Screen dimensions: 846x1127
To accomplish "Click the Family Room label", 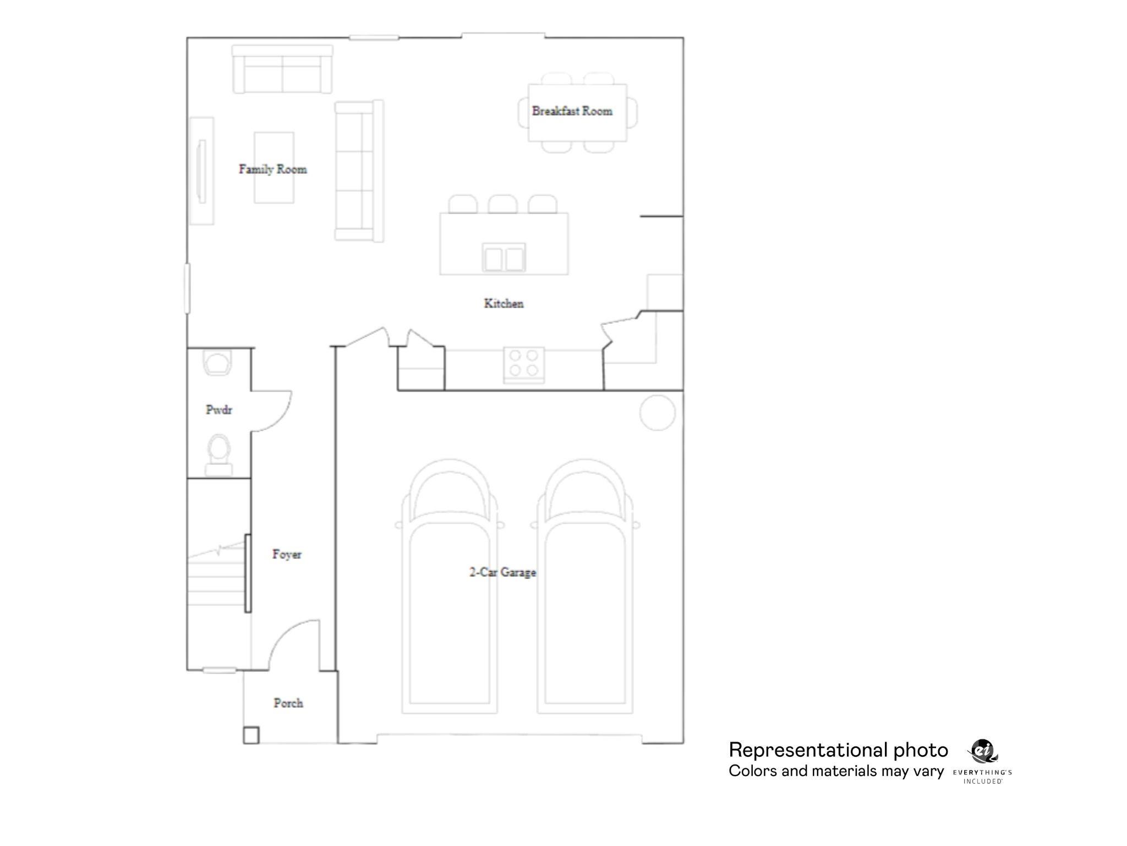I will tap(272, 169).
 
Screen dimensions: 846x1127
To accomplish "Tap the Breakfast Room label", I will tap(572, 111).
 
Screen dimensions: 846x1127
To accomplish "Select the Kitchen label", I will tap(504, 303).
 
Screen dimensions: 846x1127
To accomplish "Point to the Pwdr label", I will tap(218, 410).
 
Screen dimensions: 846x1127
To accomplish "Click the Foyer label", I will tap(287, 554).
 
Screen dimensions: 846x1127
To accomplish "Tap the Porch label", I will tap(288, 703).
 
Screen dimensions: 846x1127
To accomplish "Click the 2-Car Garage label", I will tap(502, 572).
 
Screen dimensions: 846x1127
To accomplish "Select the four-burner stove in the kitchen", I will tap(524, 364).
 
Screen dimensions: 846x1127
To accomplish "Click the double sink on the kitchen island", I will tap(504, 258).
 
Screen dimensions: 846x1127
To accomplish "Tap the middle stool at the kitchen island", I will tap(502, 204).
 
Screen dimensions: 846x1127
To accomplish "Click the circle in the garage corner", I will tap(658, 413).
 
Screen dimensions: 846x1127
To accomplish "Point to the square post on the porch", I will tap(251, 735).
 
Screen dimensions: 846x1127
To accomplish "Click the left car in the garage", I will tap(450, 595).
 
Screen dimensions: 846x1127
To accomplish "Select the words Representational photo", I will tap(838, 750).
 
